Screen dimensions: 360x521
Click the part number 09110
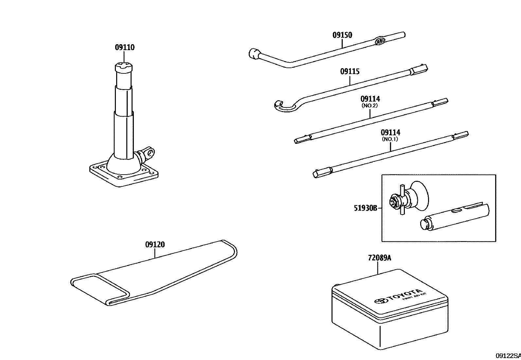(124, 47)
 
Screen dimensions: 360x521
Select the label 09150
(342, 35)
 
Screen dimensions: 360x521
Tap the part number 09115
(350, 71)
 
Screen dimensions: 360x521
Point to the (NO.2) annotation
(370, 105)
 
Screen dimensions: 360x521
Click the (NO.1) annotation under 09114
(390, 139)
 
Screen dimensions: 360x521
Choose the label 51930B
(366, 208)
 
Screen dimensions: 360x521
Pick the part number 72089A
(379, 258)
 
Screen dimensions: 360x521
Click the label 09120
(155, 245)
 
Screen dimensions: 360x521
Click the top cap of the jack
(124, 68)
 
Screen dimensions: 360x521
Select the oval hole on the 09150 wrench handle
(380, 41)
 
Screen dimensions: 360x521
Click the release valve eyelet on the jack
(150, 152)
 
